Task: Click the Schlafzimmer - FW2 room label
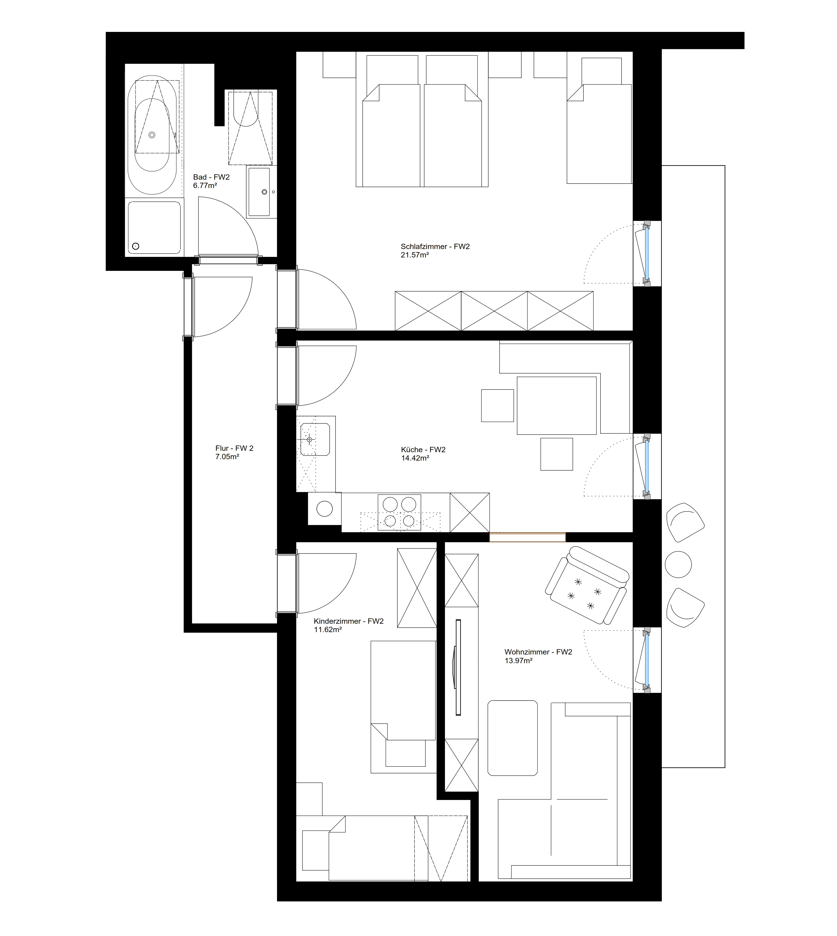[x=435, y=247]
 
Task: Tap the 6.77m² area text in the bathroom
[x=205, y=186]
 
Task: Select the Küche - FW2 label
[x=423, y=450]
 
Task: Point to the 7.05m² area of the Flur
[x=227, y=457]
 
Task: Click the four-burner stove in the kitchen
[x=399, y=513]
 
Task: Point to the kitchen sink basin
[x=315, y=440]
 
